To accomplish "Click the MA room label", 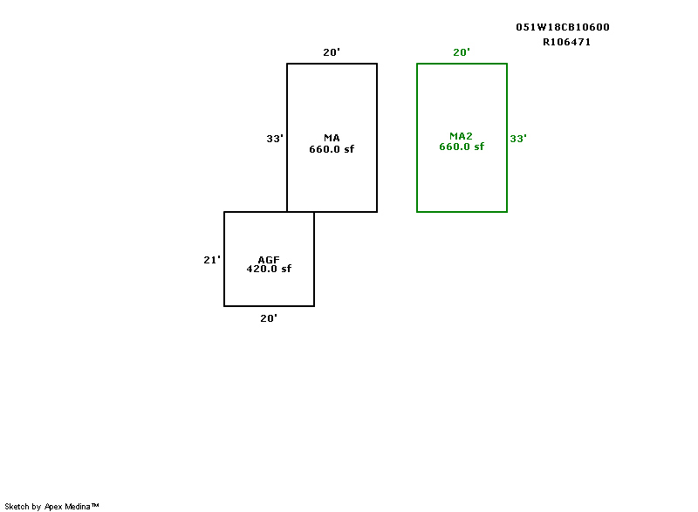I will (332, 138).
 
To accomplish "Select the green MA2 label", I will (461, 136).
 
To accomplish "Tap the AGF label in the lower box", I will (269, 260).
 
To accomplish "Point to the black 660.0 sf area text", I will (332, 149).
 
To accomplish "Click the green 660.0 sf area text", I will (462, 147).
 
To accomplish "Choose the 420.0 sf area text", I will (269, 269).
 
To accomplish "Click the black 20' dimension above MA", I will (332, 52).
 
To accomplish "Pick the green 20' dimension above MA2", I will (462, 52).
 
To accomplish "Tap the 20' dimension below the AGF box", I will (269, 318).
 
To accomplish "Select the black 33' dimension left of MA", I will (275, 138).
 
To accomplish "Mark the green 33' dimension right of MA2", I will (518, 138).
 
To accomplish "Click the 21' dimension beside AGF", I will (212, 259).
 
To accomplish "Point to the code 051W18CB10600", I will (563, 27).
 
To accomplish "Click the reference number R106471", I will (567, 41).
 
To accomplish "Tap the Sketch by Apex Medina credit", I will (51, 506).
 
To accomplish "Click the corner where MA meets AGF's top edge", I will (287, 212).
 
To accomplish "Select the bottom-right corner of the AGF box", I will (314, 306).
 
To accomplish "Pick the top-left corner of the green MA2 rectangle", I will (417, 64).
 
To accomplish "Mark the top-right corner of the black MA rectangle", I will (377, 64).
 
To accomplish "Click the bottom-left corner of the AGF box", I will (224, 306).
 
